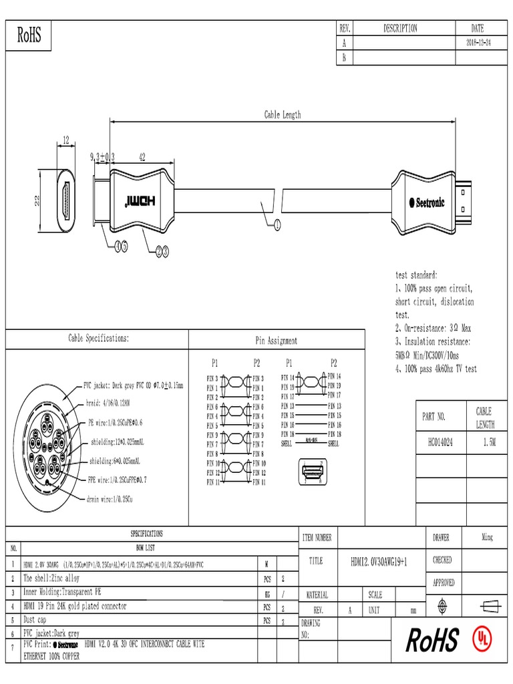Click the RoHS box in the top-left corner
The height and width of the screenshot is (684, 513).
tap(29, 35)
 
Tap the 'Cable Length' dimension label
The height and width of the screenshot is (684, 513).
tap(282, 115)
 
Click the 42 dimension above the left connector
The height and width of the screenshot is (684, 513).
tap(142, 157)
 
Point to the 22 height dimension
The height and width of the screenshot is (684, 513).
tap(38, 201)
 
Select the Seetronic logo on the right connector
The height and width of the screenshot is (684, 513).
tap(430, 202)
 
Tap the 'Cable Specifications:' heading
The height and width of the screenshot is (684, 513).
tap(99, 339)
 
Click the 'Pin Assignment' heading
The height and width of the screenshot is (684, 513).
tap(277, 341)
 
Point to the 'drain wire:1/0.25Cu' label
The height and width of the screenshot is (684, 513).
tap(110, 498)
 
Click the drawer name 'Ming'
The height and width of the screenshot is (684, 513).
tap(487, 537)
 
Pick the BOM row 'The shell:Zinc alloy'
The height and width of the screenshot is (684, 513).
tap(51, 578)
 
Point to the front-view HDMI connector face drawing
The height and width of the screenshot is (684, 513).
tap(65, 201)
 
